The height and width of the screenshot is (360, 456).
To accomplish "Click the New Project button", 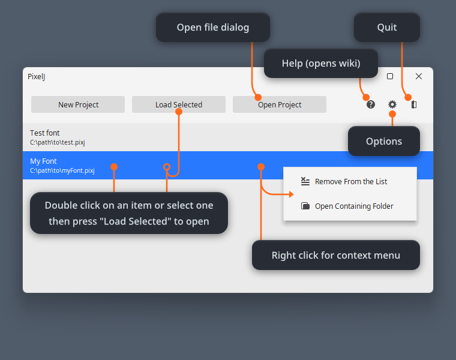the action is tap(78, 104).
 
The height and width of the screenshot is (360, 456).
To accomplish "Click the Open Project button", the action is tap(280, 104).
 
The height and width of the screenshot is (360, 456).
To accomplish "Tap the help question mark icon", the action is tap(371, 104).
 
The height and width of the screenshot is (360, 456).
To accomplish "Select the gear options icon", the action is tap(392, 104).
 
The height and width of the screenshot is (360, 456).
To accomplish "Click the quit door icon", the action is tap(414, 104).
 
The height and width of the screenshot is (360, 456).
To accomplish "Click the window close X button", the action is tap(419, 76).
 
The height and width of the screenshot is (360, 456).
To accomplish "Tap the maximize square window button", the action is tap(390, 76).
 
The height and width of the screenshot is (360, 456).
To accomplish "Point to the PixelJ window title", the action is tap(37, 76).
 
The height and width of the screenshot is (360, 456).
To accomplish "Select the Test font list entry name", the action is tap(45, 133).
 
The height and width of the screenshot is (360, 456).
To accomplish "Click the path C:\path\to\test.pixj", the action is tap(58, 142).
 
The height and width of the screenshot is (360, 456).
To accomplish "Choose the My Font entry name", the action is tap(43, 161).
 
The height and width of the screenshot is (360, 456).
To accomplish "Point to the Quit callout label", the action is tap(387, 28).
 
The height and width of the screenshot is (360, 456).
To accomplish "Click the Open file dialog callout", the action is tap(213, 28).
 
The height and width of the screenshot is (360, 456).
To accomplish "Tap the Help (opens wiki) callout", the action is tap(321, 64).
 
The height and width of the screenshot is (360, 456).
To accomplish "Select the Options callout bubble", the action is tap(384, 142).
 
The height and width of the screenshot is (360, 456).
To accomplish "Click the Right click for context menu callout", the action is tap(336, 255).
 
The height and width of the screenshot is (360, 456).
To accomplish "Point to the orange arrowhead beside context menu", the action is tap(292, 194).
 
